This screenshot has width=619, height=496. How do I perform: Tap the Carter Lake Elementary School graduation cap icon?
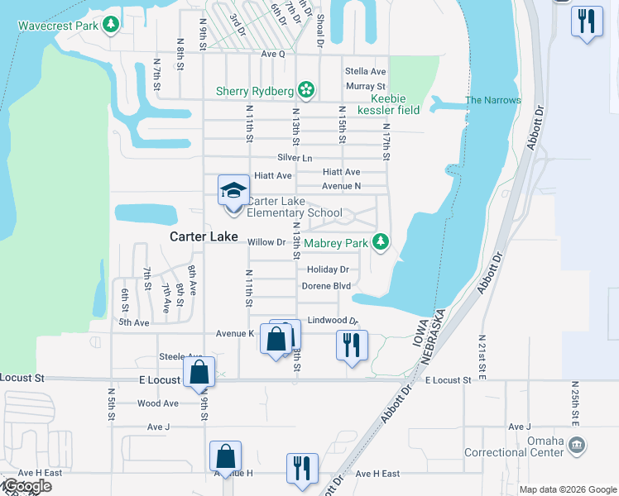pyautogui.click(x=233, y=190)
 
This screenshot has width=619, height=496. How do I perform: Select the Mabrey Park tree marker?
pyautogui.click(x=380, y=242)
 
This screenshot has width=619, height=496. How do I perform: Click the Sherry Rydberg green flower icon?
pyautogui.click(x=306, y=90)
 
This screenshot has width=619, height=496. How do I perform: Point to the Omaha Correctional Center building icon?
pyautogui.click(x=577, y=446)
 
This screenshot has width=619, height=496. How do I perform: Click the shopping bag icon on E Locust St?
pyautogui.click(x=199, y=372)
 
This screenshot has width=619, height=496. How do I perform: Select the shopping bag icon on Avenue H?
pyautogui.click(x=225, y=455)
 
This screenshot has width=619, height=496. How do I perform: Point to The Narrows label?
pyautogui.click(x=493, y=100)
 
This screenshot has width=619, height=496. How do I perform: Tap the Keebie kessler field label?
pyautogui.click(x=388, y=104)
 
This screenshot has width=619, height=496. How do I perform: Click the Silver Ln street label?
pyautogui.click(x=295, y=158)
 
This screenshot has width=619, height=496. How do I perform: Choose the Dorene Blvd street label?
pyautogui.click(x=326, y=286)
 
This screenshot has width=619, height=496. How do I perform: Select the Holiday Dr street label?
pyautogui.click(x=328, y=269)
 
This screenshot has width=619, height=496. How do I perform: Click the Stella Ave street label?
pyautogui.click(x=366, y=71)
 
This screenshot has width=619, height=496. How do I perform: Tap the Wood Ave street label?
pyautogui.click(x=157, y=403)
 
